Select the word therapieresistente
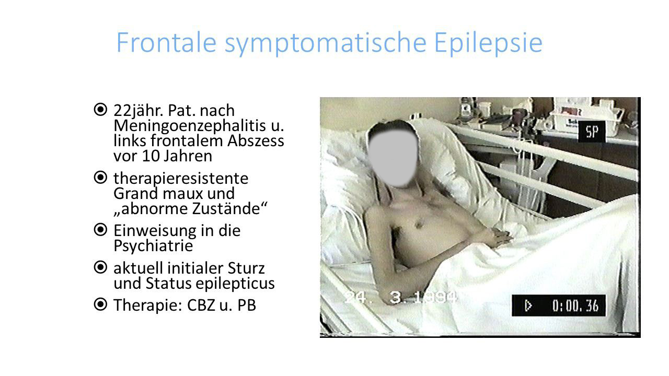(x=181, y=178)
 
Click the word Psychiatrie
(x=153, y=245)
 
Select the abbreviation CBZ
(x=202, y=305)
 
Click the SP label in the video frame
(x=592, y=133)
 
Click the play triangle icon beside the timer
(x=528, y=305)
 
